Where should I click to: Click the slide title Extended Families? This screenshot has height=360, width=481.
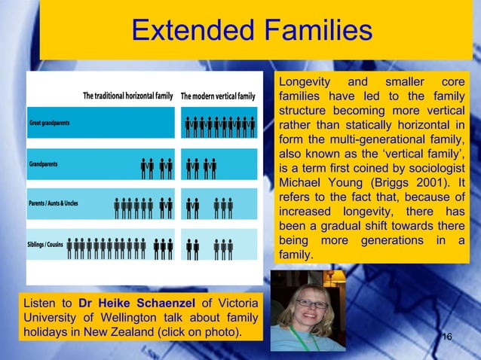(x=252, y=32)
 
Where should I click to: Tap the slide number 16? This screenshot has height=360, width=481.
(x=446, y=335)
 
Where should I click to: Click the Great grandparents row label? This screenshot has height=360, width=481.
(x=49, y=124)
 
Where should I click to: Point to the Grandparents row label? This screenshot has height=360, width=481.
(x=44, y=163)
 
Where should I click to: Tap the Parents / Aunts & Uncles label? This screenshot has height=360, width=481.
(x=54, y=203)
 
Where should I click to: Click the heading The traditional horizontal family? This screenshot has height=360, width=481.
(x=128, y=96)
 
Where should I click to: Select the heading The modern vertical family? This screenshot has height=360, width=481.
(x=219, y=96)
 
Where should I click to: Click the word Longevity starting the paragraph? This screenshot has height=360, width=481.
(x=305, y=82)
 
